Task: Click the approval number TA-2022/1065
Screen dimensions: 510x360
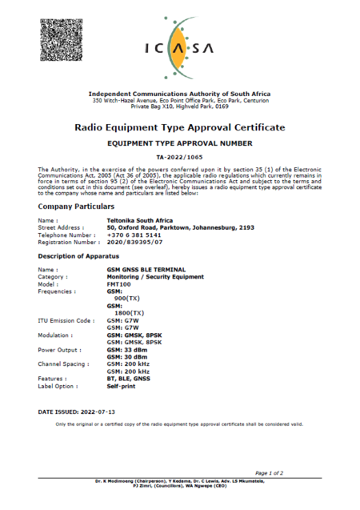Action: pyautogui.click(x=180, y=158)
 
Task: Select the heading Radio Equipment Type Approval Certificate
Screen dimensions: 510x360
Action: pyautogui.click(x=180, y=127)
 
